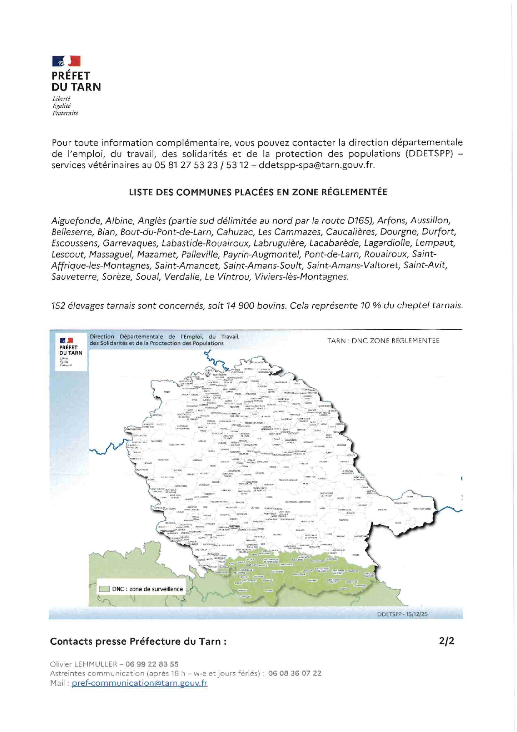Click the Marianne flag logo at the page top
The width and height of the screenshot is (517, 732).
(x=66, y=61)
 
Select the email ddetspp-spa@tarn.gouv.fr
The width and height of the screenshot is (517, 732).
(x=316, y=165)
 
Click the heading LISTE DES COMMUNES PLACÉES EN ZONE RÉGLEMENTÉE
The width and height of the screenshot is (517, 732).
(x=258, y=192)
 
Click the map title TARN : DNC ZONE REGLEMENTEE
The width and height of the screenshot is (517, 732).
(x=383, y=341)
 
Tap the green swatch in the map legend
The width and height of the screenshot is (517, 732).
(x=104, y=589)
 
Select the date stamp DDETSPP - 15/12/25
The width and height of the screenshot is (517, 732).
(x=402, y=614)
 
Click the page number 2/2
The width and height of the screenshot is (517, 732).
(x=447, y=641)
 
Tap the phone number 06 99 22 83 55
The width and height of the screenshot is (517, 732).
(x=152, y=664)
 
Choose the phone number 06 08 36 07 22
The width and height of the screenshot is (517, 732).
(x=295, y=673)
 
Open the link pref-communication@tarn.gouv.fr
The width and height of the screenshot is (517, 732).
(x=139, y=683)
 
